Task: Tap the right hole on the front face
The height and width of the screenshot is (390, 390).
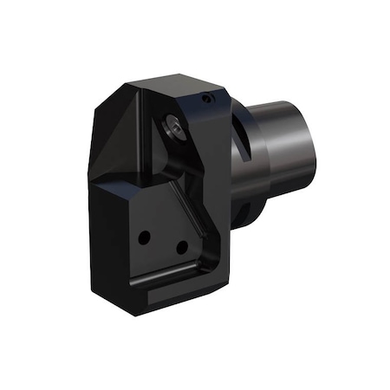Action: tap(182, 247)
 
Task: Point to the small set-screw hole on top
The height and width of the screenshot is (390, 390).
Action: tap(205, 100)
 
